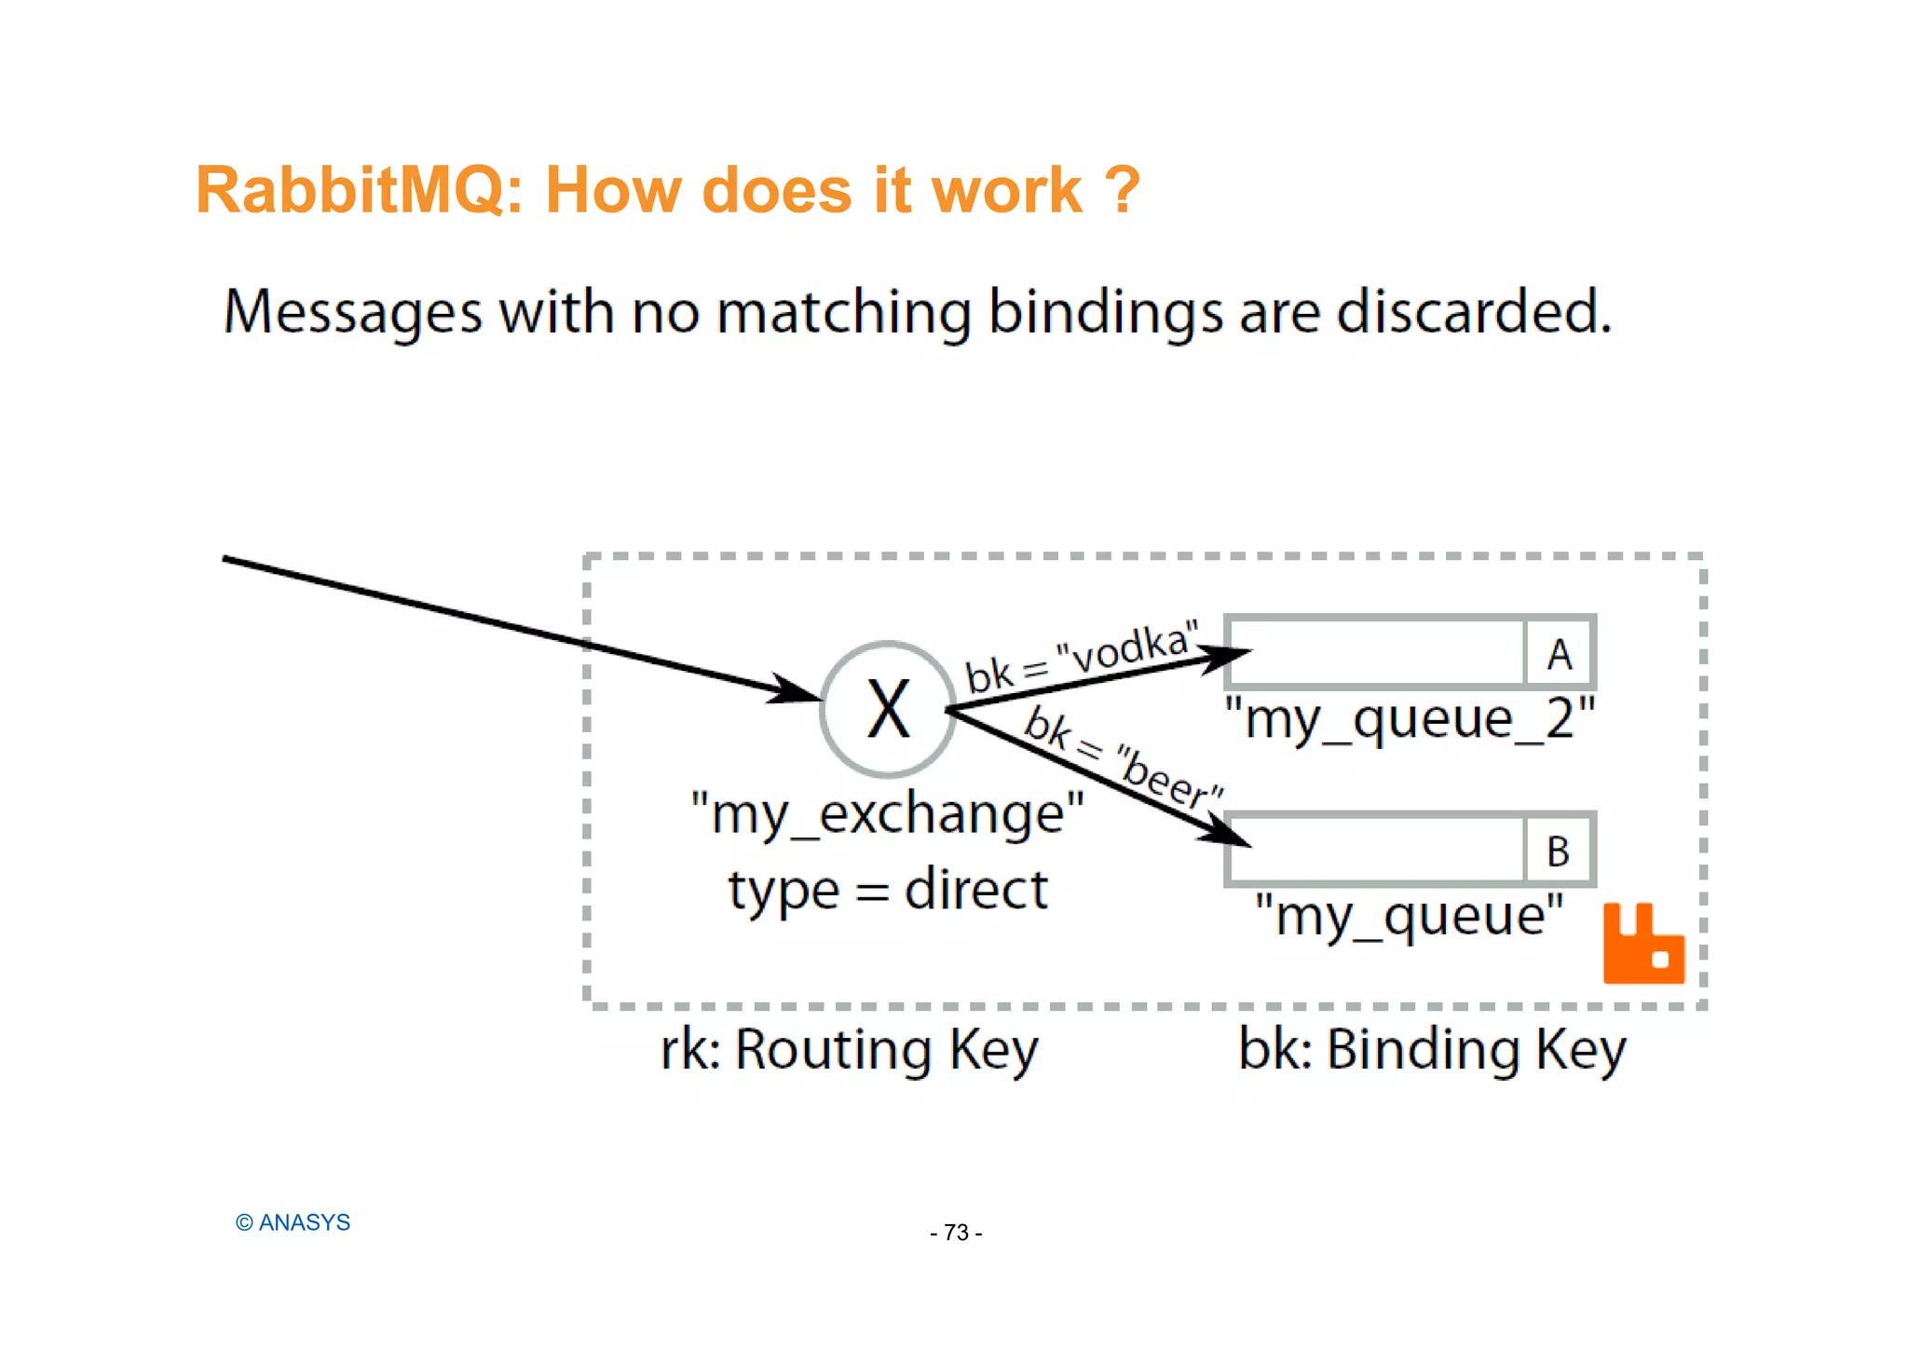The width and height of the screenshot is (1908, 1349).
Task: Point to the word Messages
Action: click(x=353, y=313)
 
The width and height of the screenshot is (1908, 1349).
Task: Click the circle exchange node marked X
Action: click(x=888, y=709)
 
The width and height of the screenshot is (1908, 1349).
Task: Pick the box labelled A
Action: click(x=1559, y=653)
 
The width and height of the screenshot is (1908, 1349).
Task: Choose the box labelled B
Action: click(x=1558, y=851)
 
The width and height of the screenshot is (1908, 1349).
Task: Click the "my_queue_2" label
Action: click(x=1410, y=720)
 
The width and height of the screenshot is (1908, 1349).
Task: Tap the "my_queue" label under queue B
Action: click(x=1409, y=917)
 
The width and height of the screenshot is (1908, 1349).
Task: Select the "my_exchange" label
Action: click(x=888, y=814)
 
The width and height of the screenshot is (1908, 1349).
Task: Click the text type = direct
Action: click(x=888, y=890)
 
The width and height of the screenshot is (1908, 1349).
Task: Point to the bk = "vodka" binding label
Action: click(x=1081, y=657)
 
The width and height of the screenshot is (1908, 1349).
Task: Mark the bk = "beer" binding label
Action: click(x=1123, y=756)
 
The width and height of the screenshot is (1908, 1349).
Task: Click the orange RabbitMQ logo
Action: click(x=1643, y=944)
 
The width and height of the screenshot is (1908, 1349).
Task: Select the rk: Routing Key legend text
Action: click(x=849, y=1050)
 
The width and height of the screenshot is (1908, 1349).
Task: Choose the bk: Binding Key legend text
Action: click(x=1432, y=1050)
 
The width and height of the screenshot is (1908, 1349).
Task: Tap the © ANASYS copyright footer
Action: click(x=293, y=1222)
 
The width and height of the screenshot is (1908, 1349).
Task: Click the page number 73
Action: click(x=956, y=1233)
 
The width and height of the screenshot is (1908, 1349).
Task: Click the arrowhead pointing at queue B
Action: click(x=1226, y=832)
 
